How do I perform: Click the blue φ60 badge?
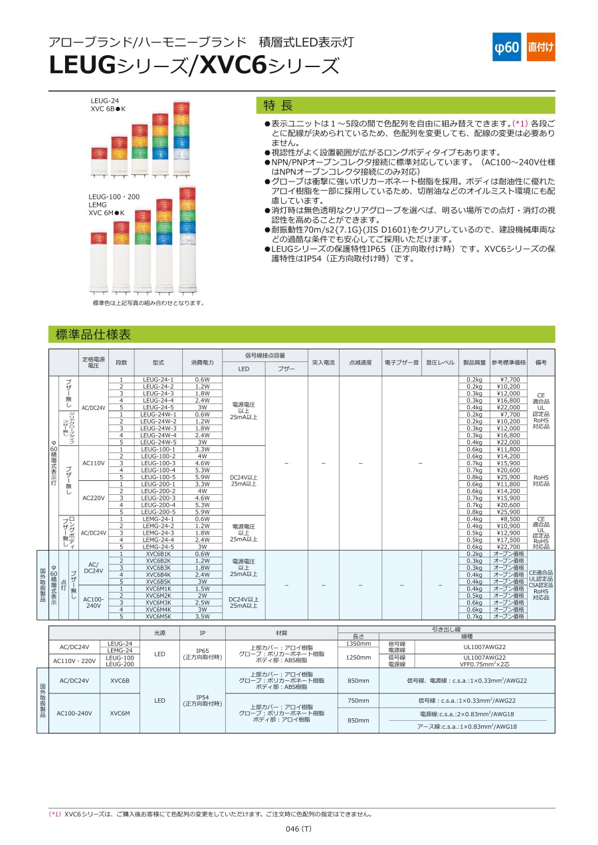point(506,47)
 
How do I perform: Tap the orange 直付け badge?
point(541,47)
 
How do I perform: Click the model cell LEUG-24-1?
point(158,379)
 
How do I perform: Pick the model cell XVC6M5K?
point(158,616)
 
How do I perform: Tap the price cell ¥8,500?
point(508,519)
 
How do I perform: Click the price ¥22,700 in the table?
point(508,547)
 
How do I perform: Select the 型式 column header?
point(158,363)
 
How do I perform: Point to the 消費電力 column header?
point(202,363)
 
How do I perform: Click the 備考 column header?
point(541,363)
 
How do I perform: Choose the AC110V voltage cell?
point(94,463)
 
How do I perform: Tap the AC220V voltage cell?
point(94,498)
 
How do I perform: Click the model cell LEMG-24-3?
point(158,533)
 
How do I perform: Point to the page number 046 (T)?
point(298,829)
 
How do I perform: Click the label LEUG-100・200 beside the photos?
point(114,197)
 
